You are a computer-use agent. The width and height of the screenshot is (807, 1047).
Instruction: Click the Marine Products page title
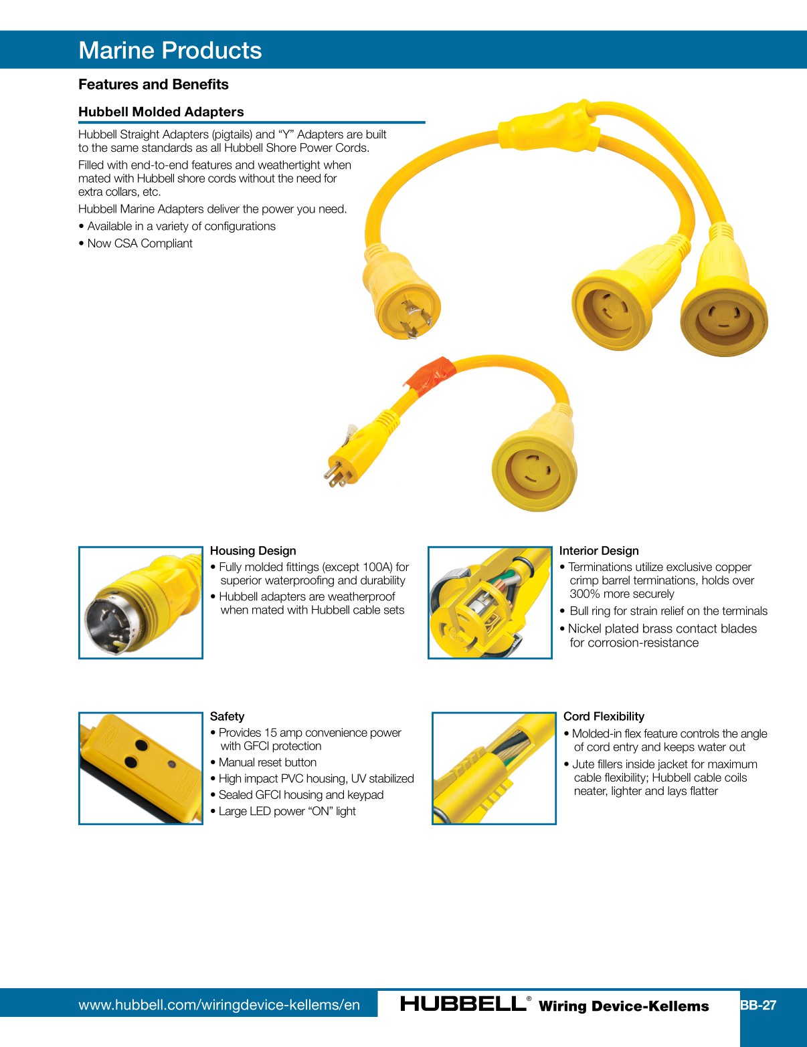[170, 51]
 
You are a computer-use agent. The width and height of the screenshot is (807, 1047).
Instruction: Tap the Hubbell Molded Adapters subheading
[161, 112]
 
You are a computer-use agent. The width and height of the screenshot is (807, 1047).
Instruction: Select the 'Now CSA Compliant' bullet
[140, 243]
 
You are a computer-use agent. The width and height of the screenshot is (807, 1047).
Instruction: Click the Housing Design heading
[253, 551]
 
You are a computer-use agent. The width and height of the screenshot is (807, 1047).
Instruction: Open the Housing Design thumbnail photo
[141, 602]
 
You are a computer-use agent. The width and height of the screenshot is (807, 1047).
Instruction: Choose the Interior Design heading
[599, 551]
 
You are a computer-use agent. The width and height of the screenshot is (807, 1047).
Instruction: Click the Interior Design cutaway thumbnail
[490, 602]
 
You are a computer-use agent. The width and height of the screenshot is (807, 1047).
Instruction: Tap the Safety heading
[227, 716]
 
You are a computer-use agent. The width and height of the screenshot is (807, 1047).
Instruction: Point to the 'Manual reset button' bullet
[268, 762]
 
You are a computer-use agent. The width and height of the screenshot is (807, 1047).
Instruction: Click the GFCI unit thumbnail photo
[141, 768]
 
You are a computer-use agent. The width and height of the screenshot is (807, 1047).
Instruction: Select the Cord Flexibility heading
[604, 716]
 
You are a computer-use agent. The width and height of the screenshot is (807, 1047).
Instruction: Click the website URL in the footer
[219, 1005]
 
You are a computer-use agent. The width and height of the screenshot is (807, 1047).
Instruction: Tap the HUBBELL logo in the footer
[463, 1004]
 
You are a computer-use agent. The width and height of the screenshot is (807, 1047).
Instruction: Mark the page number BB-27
[758, 1005]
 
